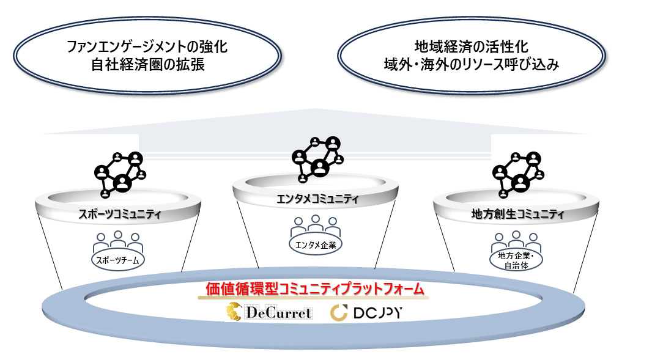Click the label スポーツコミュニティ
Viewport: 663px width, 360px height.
coord(120,215)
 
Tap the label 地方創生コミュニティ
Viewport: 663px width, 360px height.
coord(517,215)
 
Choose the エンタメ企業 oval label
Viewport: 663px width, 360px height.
coord(316,244)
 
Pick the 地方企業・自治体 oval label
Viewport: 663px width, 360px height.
coord(517,260)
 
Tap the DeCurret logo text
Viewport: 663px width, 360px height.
coord(279,314)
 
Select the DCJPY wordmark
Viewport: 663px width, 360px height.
coord(378,314)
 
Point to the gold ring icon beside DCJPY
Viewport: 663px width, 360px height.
coord(339,314)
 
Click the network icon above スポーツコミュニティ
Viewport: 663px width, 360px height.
coord(120,173)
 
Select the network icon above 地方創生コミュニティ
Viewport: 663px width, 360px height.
coord(517,173)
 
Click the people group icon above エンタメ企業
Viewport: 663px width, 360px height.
coord(316,224)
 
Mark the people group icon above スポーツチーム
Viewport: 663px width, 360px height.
coord(119,241)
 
